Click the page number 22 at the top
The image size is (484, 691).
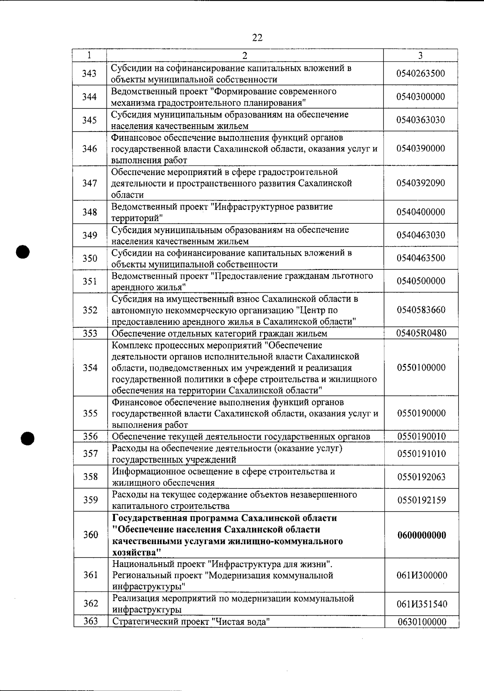(x=257, y=38)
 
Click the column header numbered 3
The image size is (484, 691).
(x=420, y=56)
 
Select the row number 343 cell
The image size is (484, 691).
(x=89, y=73)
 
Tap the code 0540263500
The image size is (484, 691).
(x=421, y=73)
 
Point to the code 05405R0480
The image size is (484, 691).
(x=421, y=333)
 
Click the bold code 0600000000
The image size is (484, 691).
(x=421, y=535)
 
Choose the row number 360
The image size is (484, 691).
(x=90, y=535)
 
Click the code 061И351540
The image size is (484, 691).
(x=422, y=604)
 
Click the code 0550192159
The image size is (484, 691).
(x=421, y=501)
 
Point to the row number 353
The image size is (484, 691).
(x=90, y=334)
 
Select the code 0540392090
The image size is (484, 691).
(x=421, y=183)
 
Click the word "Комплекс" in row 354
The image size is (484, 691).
(x=129, y=346)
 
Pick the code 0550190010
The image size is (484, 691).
(x=421, y=436)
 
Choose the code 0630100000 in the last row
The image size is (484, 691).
(x=422, y=622)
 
